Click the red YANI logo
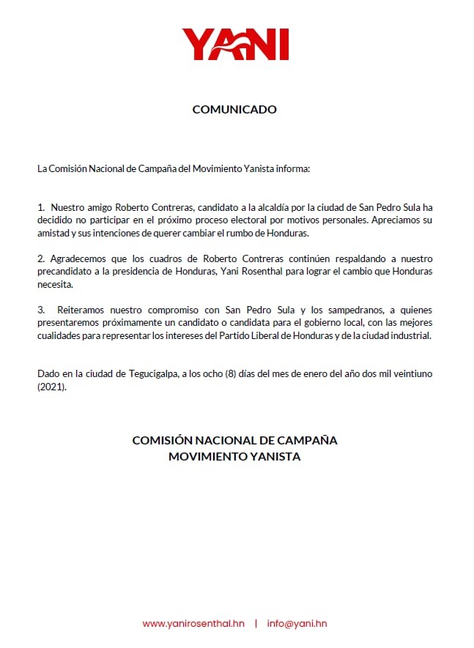pyautogui.click(x=235, y=45)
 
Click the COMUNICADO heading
pyautogui.click(x=234, y=110)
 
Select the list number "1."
pyautogui.click(x=42, y=207)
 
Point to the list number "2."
pyautogui.click(x=42, y=259)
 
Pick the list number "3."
pyautogui.click(x=42, y=311)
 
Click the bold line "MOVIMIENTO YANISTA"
pyautogui.click(x=234, y=457)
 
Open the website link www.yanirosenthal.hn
pyautogui.click(x=193, y=623)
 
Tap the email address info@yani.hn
pyautogui.click(x=297, y=623)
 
